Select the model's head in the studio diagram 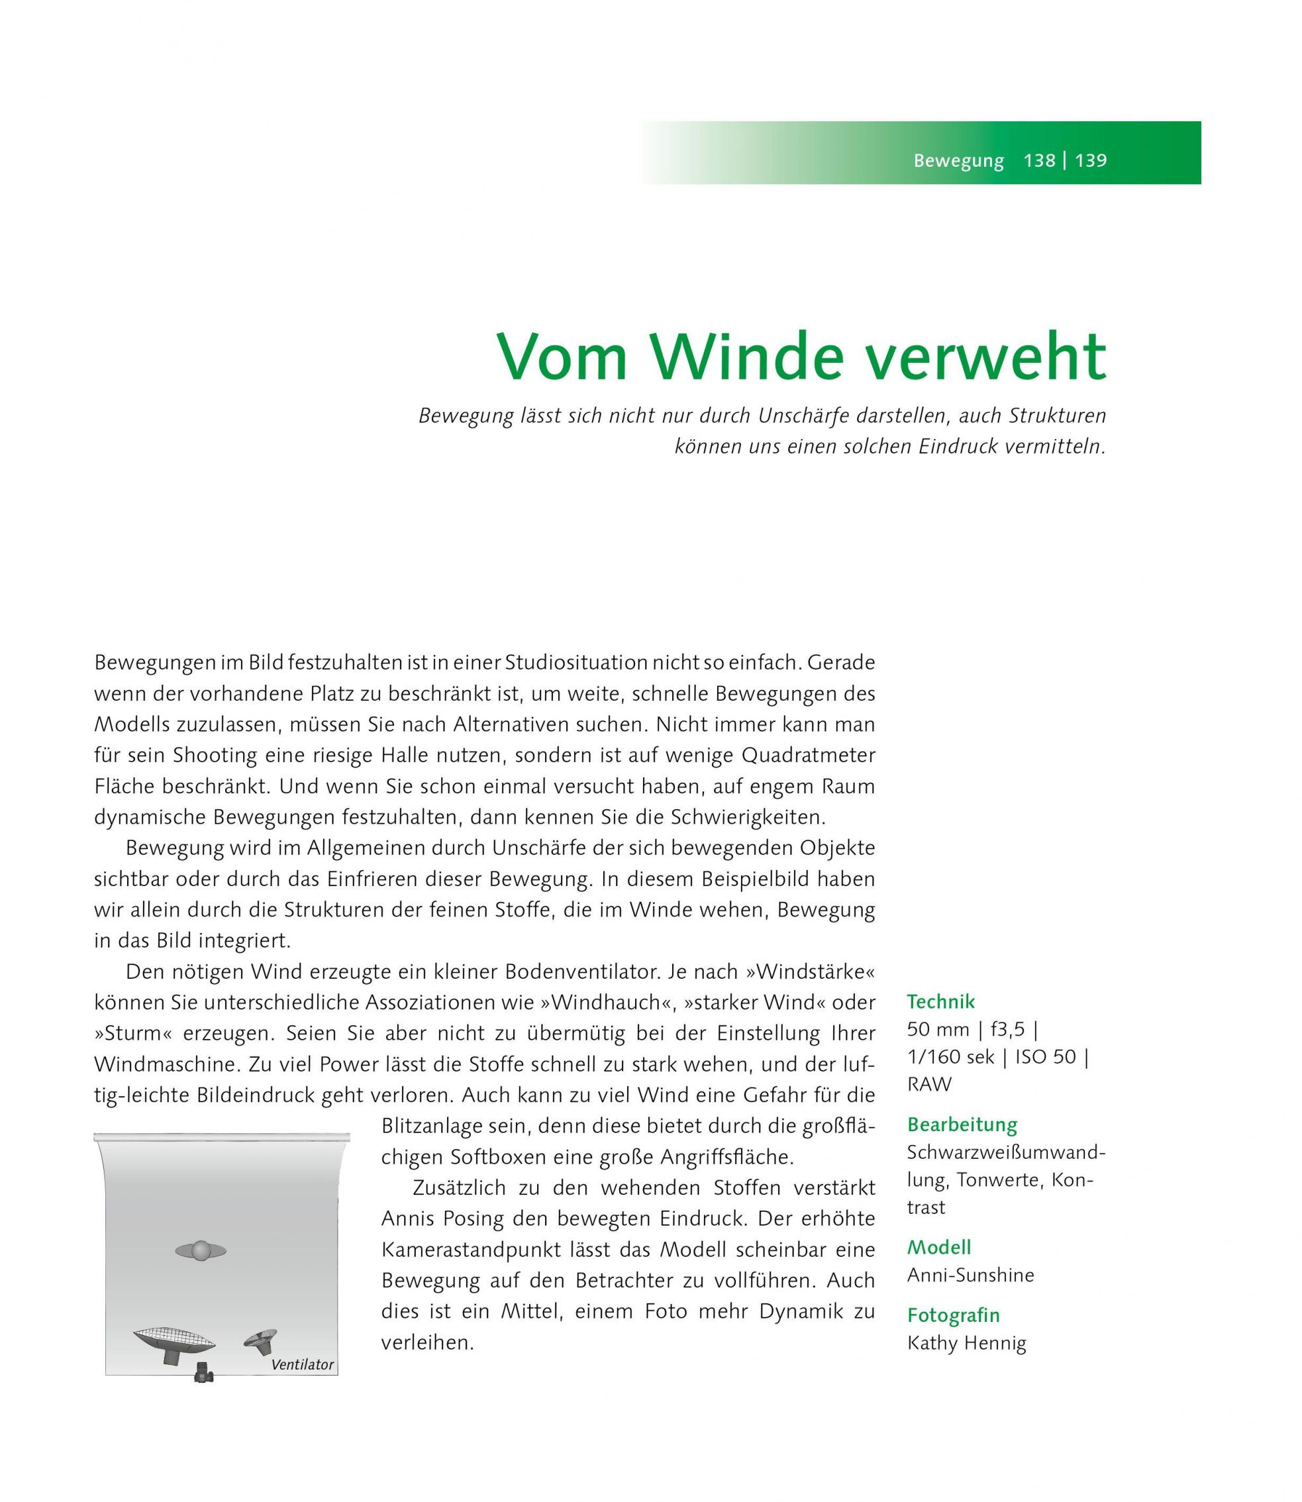click(201, 1250)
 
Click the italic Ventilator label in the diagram click(302, 1365)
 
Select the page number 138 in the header click(1039, 160)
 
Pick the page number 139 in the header click(1091, 160)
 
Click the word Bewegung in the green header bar click(958, 160)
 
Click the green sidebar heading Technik click(941, 1002)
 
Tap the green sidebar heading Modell click(938, 1248)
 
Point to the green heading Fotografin click(953, 1315)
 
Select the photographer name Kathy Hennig click(966, 1343)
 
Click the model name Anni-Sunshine click(971, 1276)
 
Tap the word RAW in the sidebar click(929, 1084)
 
